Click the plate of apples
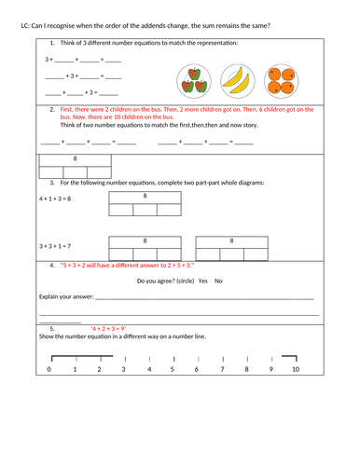click(195, 80)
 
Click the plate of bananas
click(237, 80)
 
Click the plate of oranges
click(279, 80)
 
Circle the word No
click(219, 281)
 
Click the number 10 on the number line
click(296, 370)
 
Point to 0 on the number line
click(49, 370)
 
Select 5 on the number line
click(173, 370)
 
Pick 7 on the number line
click(222, 370)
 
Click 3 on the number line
click(123, 370)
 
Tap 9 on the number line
click(270, 370)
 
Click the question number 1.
click(52, 43)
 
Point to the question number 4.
click(52, 266)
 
